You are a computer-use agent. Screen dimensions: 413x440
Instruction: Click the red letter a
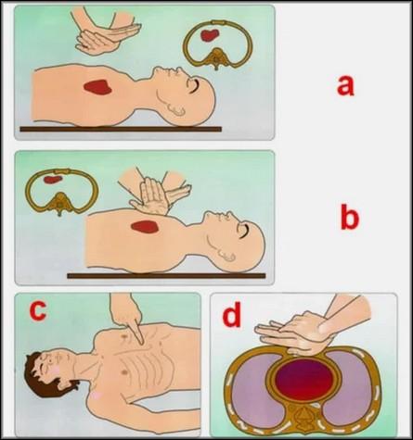pyautogui.click(x=345, y=86)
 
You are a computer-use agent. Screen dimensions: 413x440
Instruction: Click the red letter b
pyautogui.click(x=350, y=218)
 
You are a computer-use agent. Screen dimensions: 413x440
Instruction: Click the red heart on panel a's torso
pyautogui.click(x=97, y=86)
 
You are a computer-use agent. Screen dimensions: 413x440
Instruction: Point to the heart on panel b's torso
pyautogui.click(x=145, y=227)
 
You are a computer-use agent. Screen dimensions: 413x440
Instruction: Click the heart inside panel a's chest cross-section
pyautogui.click(x=210, y=35)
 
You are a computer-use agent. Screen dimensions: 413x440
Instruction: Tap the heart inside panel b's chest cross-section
pyautogui.click(x=52, y=179)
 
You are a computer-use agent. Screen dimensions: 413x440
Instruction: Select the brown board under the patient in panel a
pyautogui.click(x=121, y=129)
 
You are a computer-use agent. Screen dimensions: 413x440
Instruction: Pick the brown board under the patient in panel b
pyautogui.click(x=166, y=276)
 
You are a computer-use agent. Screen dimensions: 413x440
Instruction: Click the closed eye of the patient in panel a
pyautogui.click(x=194, y=85)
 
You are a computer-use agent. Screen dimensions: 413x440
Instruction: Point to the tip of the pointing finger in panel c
pyautogui.click(x=141, y=343)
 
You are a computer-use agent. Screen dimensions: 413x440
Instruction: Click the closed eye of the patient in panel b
pyautogui.click(x=244, y=231)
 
